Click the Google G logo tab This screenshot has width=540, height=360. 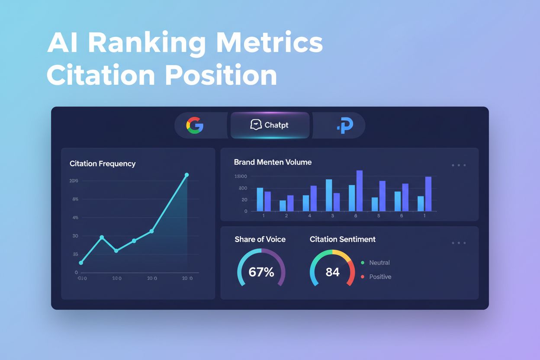(195, 125)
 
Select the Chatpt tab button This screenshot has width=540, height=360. (270, 125)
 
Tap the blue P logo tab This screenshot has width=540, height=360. (345, 125)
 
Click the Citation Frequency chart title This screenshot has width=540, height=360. (103, 164)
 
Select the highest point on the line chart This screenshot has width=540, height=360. (187, 175)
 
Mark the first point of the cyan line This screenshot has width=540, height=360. (81, 263)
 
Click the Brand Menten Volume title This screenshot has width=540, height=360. (273, 162)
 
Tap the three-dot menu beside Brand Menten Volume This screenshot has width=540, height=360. (459, 165)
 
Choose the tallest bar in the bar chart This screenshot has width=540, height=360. (359, 190)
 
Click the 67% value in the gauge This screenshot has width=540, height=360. (261, 272)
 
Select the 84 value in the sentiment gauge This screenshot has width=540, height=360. (332, 272)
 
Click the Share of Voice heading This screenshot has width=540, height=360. (260, 239)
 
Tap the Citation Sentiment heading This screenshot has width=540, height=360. (343, 239)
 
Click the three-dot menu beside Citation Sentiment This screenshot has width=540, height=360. (459, 243)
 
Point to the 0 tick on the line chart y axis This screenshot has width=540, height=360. (76, 273)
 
